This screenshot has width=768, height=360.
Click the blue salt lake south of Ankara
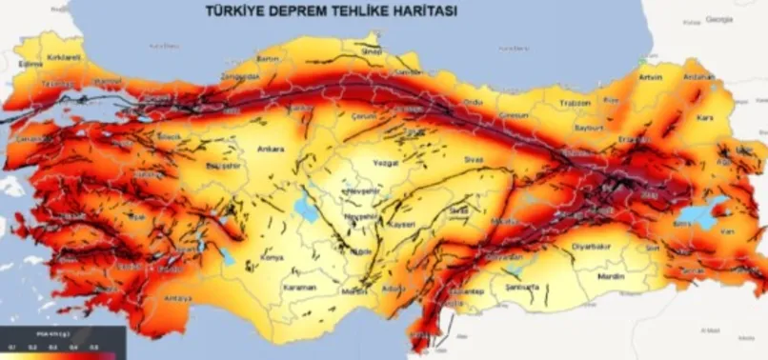(x=306, y=203)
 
